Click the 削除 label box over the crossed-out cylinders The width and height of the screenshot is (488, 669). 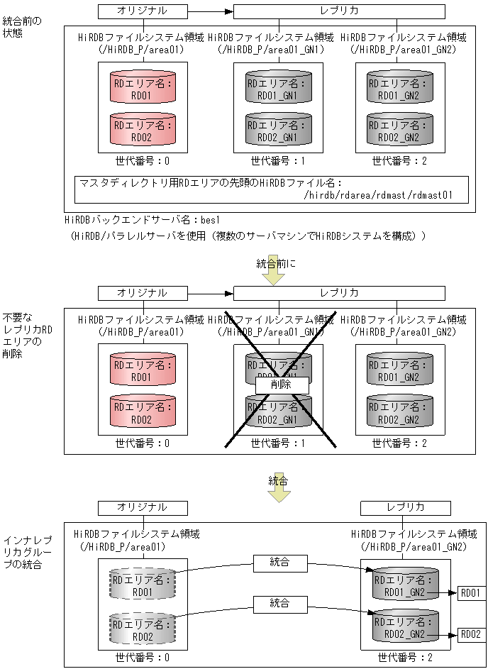(x=282, y=384)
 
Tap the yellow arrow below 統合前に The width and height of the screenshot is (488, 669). (x=272, y=277)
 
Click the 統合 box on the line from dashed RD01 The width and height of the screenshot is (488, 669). (x=279, y=563)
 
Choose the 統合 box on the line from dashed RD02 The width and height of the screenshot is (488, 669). (x=279, y=604)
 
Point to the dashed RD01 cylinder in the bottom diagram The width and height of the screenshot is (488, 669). (x=142, y=583)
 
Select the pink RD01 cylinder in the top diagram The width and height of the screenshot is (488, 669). (x=142, y=87)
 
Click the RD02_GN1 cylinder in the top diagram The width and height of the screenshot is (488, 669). (x=278, y=129)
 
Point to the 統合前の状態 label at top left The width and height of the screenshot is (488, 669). (x=22, y=27)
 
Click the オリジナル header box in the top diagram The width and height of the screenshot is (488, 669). (x=142, y=11)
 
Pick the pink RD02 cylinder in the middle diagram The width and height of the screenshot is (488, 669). (x=142, y=411)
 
